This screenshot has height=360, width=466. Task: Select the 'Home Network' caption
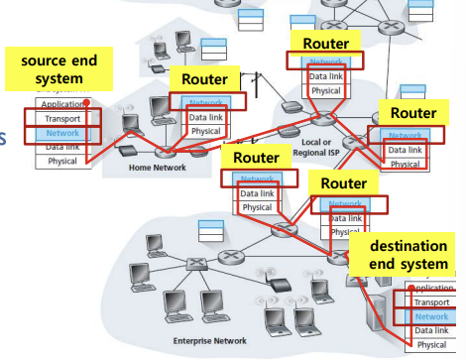click(x=157, y=168)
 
